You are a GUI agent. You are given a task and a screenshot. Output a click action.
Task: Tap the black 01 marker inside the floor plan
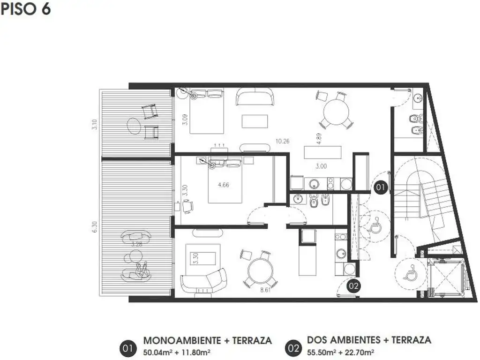click(380, 187)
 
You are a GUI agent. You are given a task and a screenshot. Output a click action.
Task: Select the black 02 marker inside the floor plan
click(353, 286)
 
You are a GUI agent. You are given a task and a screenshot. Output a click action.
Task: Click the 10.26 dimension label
click(282, 141)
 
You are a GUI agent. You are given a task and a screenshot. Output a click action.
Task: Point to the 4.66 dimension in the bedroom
click(223, 185)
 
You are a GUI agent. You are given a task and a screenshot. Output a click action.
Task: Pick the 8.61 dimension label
click(265, 290)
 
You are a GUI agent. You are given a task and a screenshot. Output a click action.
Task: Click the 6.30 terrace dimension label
click(95, 227)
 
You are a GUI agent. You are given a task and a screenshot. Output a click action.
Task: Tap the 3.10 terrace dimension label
click(95, 124)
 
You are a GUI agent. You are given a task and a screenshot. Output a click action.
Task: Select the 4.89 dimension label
click(319, 139)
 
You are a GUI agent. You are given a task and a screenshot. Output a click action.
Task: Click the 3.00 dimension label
click(321, 166)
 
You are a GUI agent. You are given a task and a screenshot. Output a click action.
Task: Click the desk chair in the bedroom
click(187, 206)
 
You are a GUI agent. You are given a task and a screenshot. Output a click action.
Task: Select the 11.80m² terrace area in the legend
click(196, 352)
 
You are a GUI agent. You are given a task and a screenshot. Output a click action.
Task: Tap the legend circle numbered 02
click(293, 348)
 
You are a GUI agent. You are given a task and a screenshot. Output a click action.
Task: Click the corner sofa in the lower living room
click(203, 281)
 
